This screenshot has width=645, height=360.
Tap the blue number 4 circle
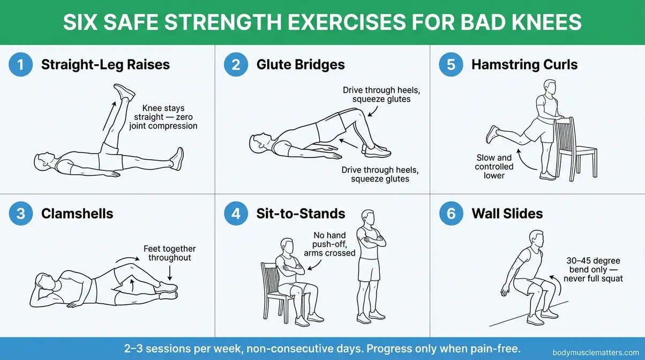coord(236,214)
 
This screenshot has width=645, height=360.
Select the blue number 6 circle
coord(451,214)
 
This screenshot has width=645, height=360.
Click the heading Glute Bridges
coord(300,65)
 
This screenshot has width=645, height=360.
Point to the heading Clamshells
coord(77,214)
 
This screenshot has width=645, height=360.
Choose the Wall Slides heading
coord(507,214)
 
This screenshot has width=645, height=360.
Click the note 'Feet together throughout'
coord(170,253)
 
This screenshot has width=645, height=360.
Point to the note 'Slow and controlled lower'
coord(494,167)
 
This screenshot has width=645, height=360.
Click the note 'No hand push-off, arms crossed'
coord(329,244)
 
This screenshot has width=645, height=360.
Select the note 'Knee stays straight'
coord(163,117)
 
